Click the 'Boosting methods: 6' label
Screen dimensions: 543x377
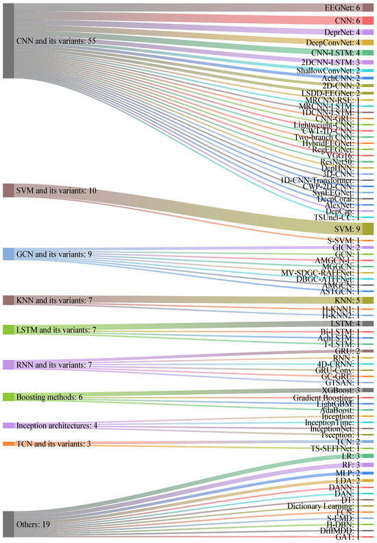click(x=49, y=397)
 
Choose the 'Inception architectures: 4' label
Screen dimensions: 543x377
click(x=56, y=426)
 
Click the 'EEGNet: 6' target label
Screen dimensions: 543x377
click(x=341, y=7)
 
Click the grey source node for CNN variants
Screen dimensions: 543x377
click(x=8, y=40)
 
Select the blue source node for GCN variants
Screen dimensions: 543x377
click(x=8, y=254)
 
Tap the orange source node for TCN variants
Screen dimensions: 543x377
click(x=8, y=445)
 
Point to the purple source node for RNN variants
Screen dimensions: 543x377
click(x=8, y=364)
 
